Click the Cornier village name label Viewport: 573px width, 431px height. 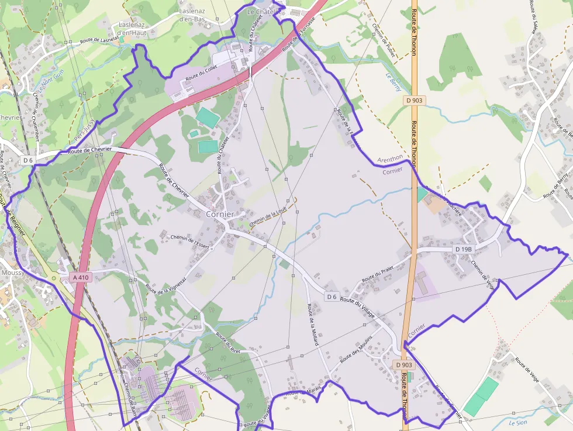tap(220, 215)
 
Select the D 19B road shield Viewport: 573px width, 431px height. tap(463, 249)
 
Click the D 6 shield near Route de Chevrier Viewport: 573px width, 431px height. tap(28, 160)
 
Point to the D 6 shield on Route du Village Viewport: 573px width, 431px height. tap(332, 296)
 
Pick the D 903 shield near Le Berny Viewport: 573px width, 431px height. tap(415, 101)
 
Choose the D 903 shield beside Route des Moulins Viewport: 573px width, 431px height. tap(403, 365)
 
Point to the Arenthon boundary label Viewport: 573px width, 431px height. tap(390, 158)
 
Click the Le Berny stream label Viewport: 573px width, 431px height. tap(393, 81)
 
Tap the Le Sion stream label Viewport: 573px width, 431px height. tap(518, 422)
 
